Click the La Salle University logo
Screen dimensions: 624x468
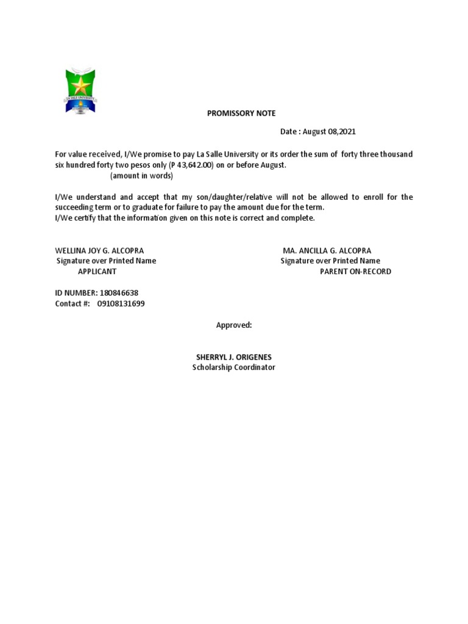click(81, 91)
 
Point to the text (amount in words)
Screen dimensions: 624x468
click(141, 176)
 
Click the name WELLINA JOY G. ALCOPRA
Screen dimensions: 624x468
click(99, 250)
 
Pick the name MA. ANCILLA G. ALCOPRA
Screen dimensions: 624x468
click(327, 250)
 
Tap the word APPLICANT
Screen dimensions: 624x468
click(97, 271)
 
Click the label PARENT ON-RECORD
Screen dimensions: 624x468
click(355, 271)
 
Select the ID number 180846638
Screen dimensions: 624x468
click(118, 293)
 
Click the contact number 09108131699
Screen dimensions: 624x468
click(121, 303)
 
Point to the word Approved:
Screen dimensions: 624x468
click(234, 325)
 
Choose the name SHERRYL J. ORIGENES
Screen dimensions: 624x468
click(234, 356)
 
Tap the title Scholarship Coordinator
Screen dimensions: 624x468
click(234, 367)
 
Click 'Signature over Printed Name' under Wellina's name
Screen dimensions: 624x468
click(106, 261)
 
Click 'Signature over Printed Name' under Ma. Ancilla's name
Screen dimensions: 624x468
click(330, 261)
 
